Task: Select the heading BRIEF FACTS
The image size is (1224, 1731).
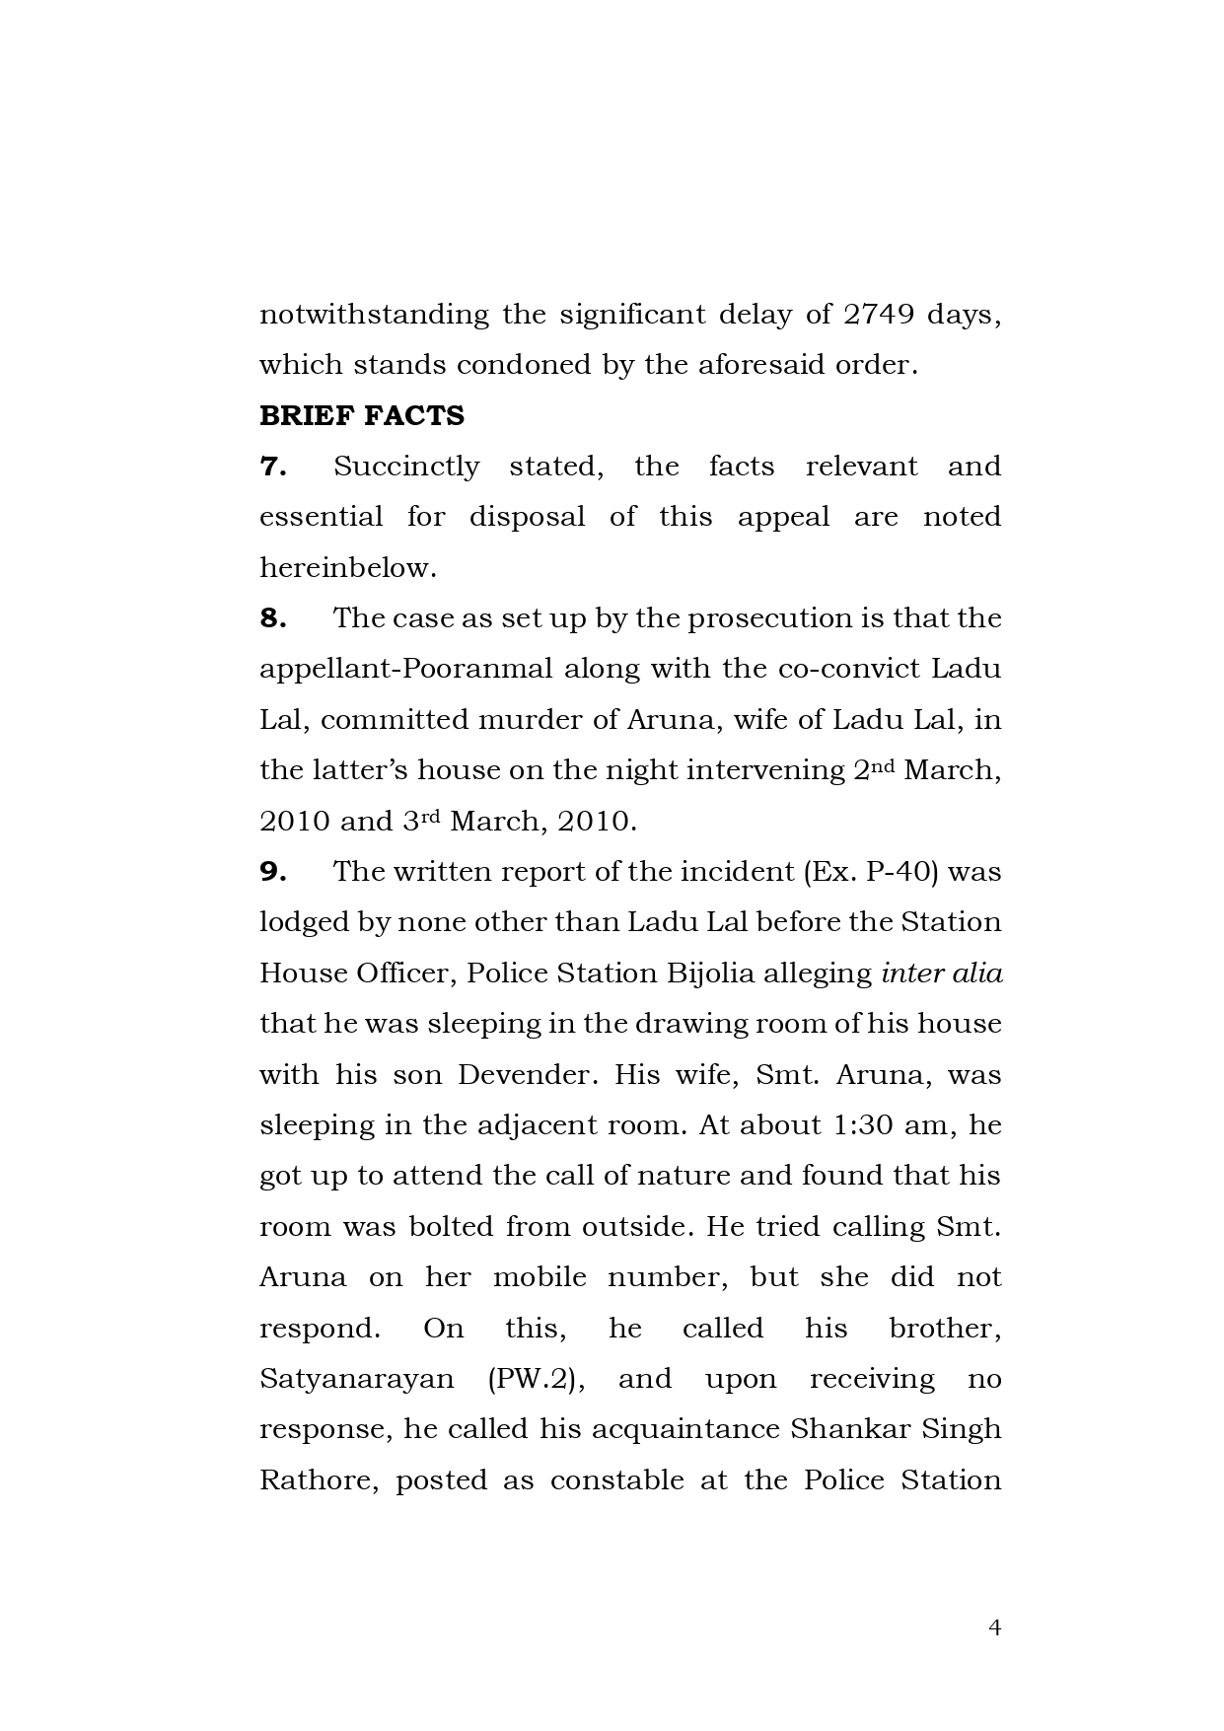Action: pyautogui.click(x=361, y=416)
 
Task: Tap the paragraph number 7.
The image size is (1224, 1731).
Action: pyautogui.click(x=272, y=467)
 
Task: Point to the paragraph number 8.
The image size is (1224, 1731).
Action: pyautogui.click(x=272, y=618)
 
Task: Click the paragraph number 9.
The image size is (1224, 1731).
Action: pyautogui.click(x=272, y=872)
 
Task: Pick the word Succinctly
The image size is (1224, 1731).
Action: pyautogui.click(x=406, y=467)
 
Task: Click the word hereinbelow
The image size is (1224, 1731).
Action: pyautogui.click(x=347, y=568)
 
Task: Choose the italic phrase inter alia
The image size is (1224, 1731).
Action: pyautogui.click(x=941, y=974)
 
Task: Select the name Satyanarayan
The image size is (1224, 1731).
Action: pyautogui.click(x=356, y=1379)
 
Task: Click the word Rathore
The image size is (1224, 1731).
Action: pyautogui.click(x=318, y=1480)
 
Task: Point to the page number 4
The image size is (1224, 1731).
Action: pyautogui.click(x=994, y=1627)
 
